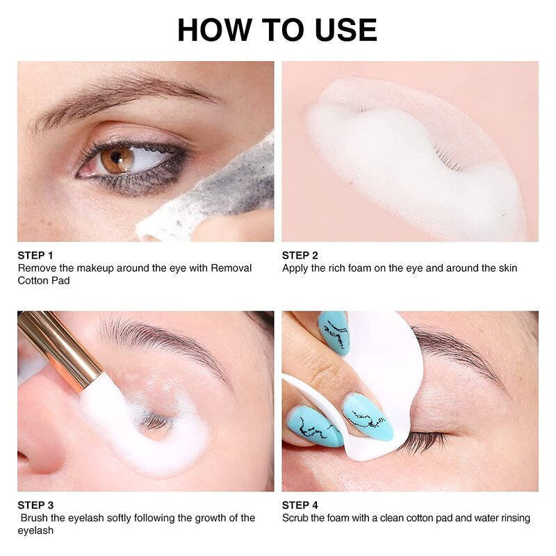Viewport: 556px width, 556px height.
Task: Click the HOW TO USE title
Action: [277, 30]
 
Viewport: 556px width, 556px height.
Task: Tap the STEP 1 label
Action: [35, 255]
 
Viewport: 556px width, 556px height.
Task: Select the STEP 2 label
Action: [300, 255]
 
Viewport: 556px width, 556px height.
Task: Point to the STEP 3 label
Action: [35, 505]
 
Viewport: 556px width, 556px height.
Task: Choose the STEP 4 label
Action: [300, 505]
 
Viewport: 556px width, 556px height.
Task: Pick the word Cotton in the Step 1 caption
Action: [33, 281]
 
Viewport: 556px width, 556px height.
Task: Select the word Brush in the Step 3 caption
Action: [34, 518]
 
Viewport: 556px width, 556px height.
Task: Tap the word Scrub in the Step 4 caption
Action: [297, 518]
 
